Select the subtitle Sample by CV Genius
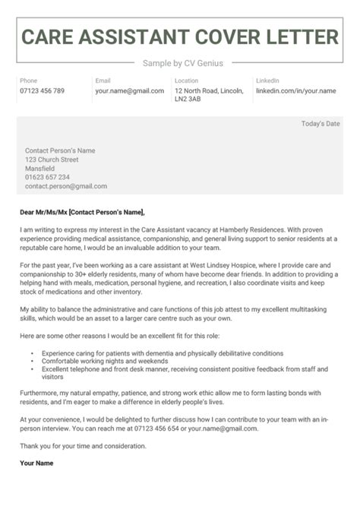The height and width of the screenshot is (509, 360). pos(179,63)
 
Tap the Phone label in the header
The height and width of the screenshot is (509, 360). pos(28,81)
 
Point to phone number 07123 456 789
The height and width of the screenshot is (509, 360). pos(42,91)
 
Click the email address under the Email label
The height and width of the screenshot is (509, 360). pos(129,91)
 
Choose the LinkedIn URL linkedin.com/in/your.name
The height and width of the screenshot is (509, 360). pos(295,91)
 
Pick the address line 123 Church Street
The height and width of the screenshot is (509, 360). pos(52,160)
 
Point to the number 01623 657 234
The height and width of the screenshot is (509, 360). pos(47,177)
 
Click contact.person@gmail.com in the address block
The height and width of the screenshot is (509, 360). pos(65,186)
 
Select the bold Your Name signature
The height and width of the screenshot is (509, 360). pos(36,463)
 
